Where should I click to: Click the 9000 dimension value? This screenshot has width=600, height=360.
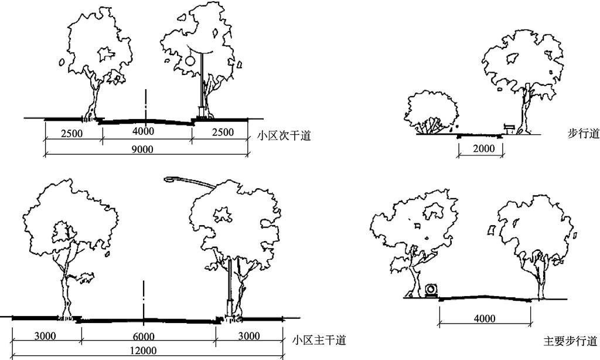tap(142, 150)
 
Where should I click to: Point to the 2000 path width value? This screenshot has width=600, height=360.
tap(483, 148)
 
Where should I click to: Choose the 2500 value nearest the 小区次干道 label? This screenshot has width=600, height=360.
tap(222, 132)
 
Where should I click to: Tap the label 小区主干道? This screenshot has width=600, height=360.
tap(319, 340)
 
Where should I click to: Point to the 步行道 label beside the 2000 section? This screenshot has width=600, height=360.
tap(584, 134)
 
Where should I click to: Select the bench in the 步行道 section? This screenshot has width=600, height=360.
tap(510, 128)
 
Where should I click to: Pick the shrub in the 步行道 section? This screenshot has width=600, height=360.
tap(431, 112)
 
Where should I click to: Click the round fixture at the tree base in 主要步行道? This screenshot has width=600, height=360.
tap(432, 290)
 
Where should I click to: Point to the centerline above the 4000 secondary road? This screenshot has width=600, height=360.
tap(144, 106)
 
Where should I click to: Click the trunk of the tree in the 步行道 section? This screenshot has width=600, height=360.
tap(527, 111)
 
